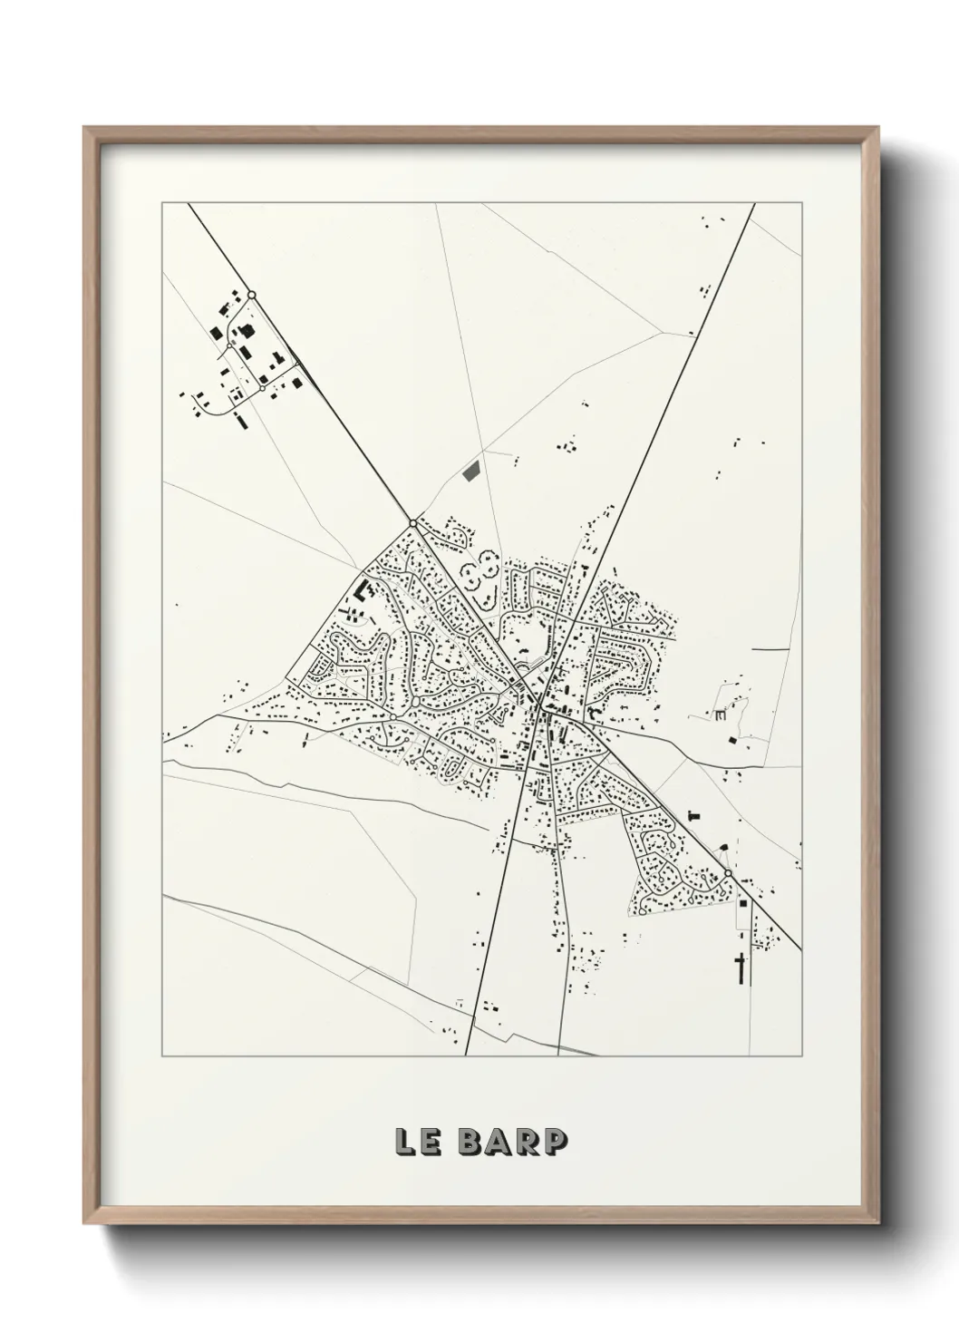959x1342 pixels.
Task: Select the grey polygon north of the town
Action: (x=470, y=472)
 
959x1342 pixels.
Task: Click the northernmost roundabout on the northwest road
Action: (x=252, y=294)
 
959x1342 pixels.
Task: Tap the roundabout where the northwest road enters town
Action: (x=413, y=523)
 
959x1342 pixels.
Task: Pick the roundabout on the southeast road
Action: (x=728, y=873)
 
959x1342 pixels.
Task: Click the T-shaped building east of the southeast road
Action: (x=695, y=813)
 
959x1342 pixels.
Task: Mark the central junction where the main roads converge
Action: (x=539, y=705)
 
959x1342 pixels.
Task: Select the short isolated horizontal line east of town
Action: (x=770, y=650)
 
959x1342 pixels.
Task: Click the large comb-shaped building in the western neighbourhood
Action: (x=364, y=590)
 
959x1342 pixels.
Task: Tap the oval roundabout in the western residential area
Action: (x=415, y=702)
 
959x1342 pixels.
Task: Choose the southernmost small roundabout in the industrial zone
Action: (x=262, y=388)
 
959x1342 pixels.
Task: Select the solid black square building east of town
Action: (x=731, y=741)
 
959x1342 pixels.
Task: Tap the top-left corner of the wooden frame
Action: (x=84, y=128)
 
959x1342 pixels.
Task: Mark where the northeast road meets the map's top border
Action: (x=754, y=203)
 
